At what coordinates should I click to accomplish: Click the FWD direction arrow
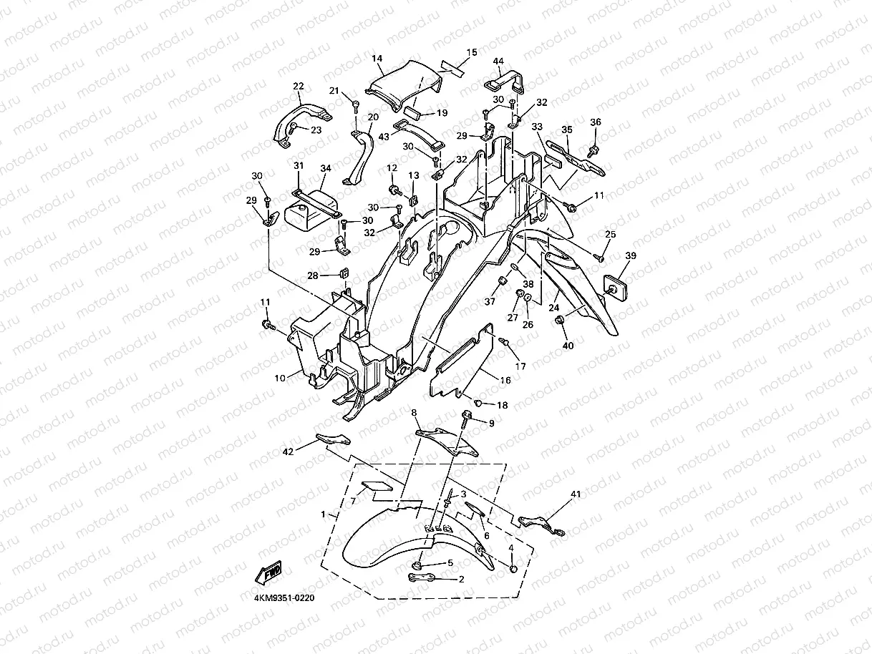[268, 572]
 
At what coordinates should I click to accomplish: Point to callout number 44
[498, 62]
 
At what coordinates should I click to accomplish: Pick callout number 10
[280, 376]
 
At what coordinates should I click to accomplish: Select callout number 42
[288, 452]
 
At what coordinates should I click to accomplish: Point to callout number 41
[575, 494]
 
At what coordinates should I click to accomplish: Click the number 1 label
[324, 514]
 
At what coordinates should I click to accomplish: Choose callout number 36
[596, 122]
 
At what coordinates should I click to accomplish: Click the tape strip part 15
[452, 67]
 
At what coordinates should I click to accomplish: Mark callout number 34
[326, 168]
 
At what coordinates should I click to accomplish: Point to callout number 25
[610, 234]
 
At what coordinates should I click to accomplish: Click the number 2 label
[461, 579]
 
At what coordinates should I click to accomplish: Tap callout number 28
[313, 275]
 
